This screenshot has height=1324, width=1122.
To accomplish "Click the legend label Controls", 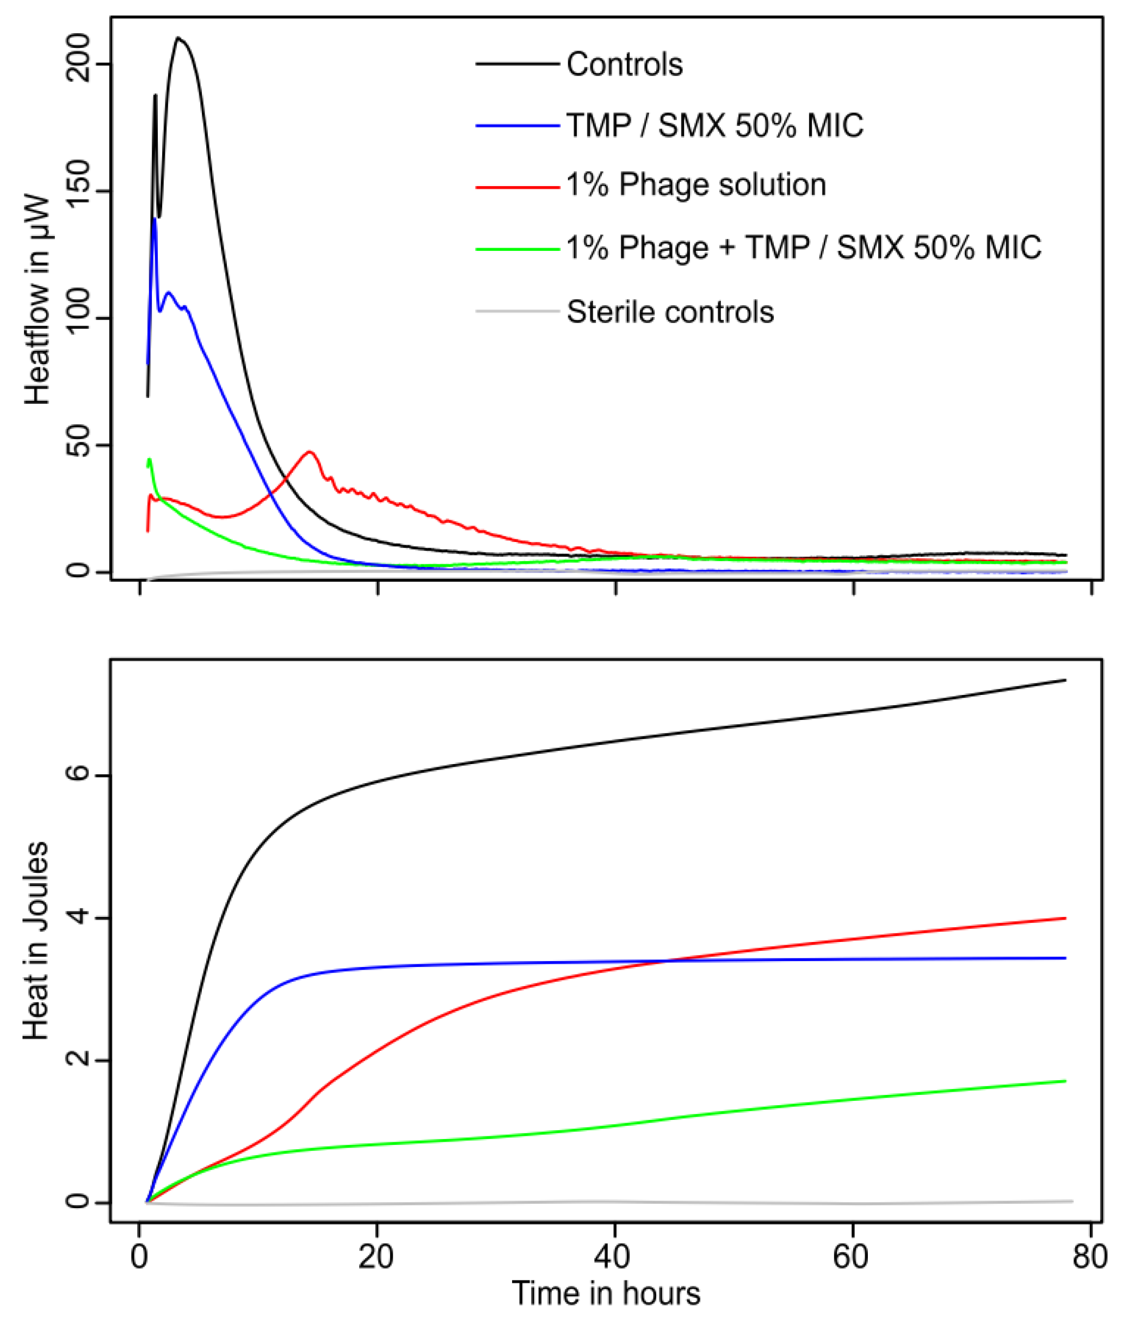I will coord(625,64).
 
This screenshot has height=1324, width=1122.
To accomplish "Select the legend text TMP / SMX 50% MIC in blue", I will coord(715,125).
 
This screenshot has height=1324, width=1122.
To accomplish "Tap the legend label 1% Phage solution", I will coord(696,185).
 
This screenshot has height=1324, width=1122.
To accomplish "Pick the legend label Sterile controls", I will coord(670,312).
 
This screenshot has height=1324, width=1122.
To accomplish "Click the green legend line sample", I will coord(517,249).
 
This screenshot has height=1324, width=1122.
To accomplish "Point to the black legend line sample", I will coord(517,64).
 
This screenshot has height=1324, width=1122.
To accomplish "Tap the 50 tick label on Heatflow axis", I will coord(78,445).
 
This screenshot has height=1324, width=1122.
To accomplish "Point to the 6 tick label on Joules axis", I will coord(79,775).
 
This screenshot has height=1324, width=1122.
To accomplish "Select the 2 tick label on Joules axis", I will coord(79,1060).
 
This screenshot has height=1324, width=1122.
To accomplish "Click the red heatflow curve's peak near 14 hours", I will coord(310,452).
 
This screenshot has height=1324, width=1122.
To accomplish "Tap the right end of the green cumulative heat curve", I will coord(1065,1081).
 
